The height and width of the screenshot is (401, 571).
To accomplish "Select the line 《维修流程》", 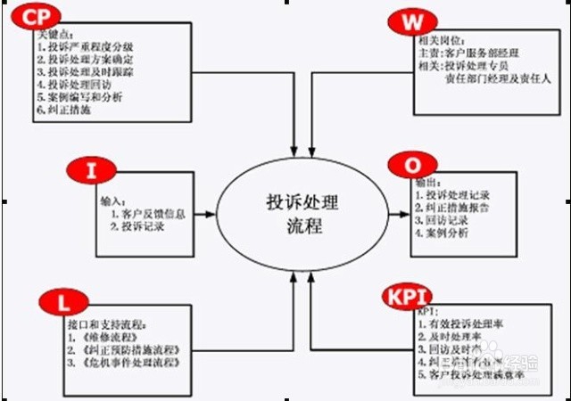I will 102,337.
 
